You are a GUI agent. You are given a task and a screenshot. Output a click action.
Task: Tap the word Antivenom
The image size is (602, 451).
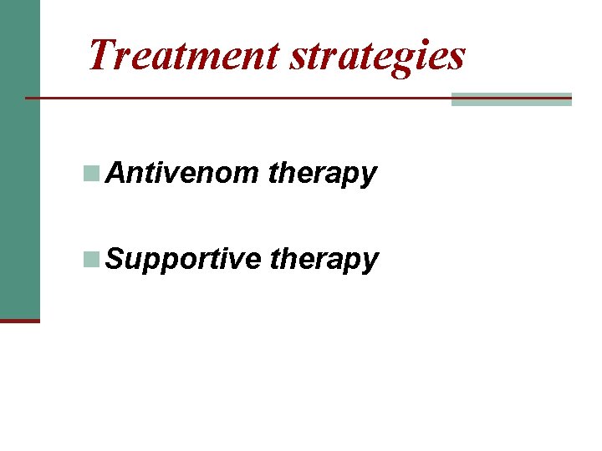click(x=183, y=174)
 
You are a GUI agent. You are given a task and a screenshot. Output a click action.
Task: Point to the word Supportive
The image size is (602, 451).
click(x=184, y=260)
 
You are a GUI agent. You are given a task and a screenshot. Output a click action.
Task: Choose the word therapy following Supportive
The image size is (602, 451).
click(x=324, y=261)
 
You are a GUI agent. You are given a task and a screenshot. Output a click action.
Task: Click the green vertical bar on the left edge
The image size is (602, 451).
click(x=19, y=159)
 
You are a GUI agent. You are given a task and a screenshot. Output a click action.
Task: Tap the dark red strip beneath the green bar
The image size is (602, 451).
click(x=19, y=320)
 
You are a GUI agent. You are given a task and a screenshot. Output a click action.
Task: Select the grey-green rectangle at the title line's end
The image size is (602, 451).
click(x=511, y=99)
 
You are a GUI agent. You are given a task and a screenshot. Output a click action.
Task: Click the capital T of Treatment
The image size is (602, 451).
click(x=104, y=54)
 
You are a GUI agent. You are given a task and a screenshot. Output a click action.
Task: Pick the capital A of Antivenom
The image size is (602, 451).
click(x=117, y=174)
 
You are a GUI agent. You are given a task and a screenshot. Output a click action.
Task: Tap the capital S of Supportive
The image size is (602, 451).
click(x=117, y=259)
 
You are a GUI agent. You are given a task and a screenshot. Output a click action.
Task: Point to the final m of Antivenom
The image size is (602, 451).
click(x=248, y=175)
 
